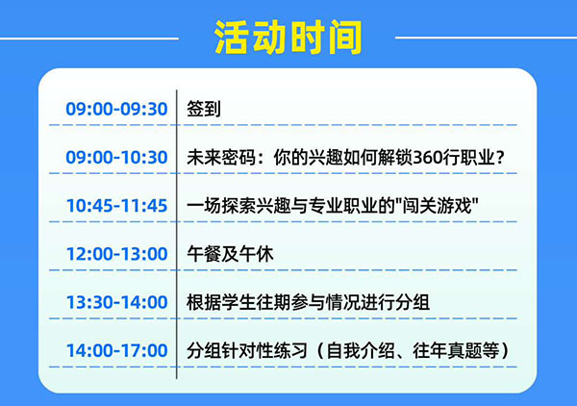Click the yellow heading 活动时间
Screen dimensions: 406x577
(x=288, y=36)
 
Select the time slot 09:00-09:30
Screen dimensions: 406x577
(x=116, y=109)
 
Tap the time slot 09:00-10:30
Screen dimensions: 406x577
(x=116, y=158)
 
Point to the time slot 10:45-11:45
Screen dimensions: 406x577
(x=116, y=206)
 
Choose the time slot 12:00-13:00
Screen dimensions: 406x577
(x=116, y=255)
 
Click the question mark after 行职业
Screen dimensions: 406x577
(x=497, y=158)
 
